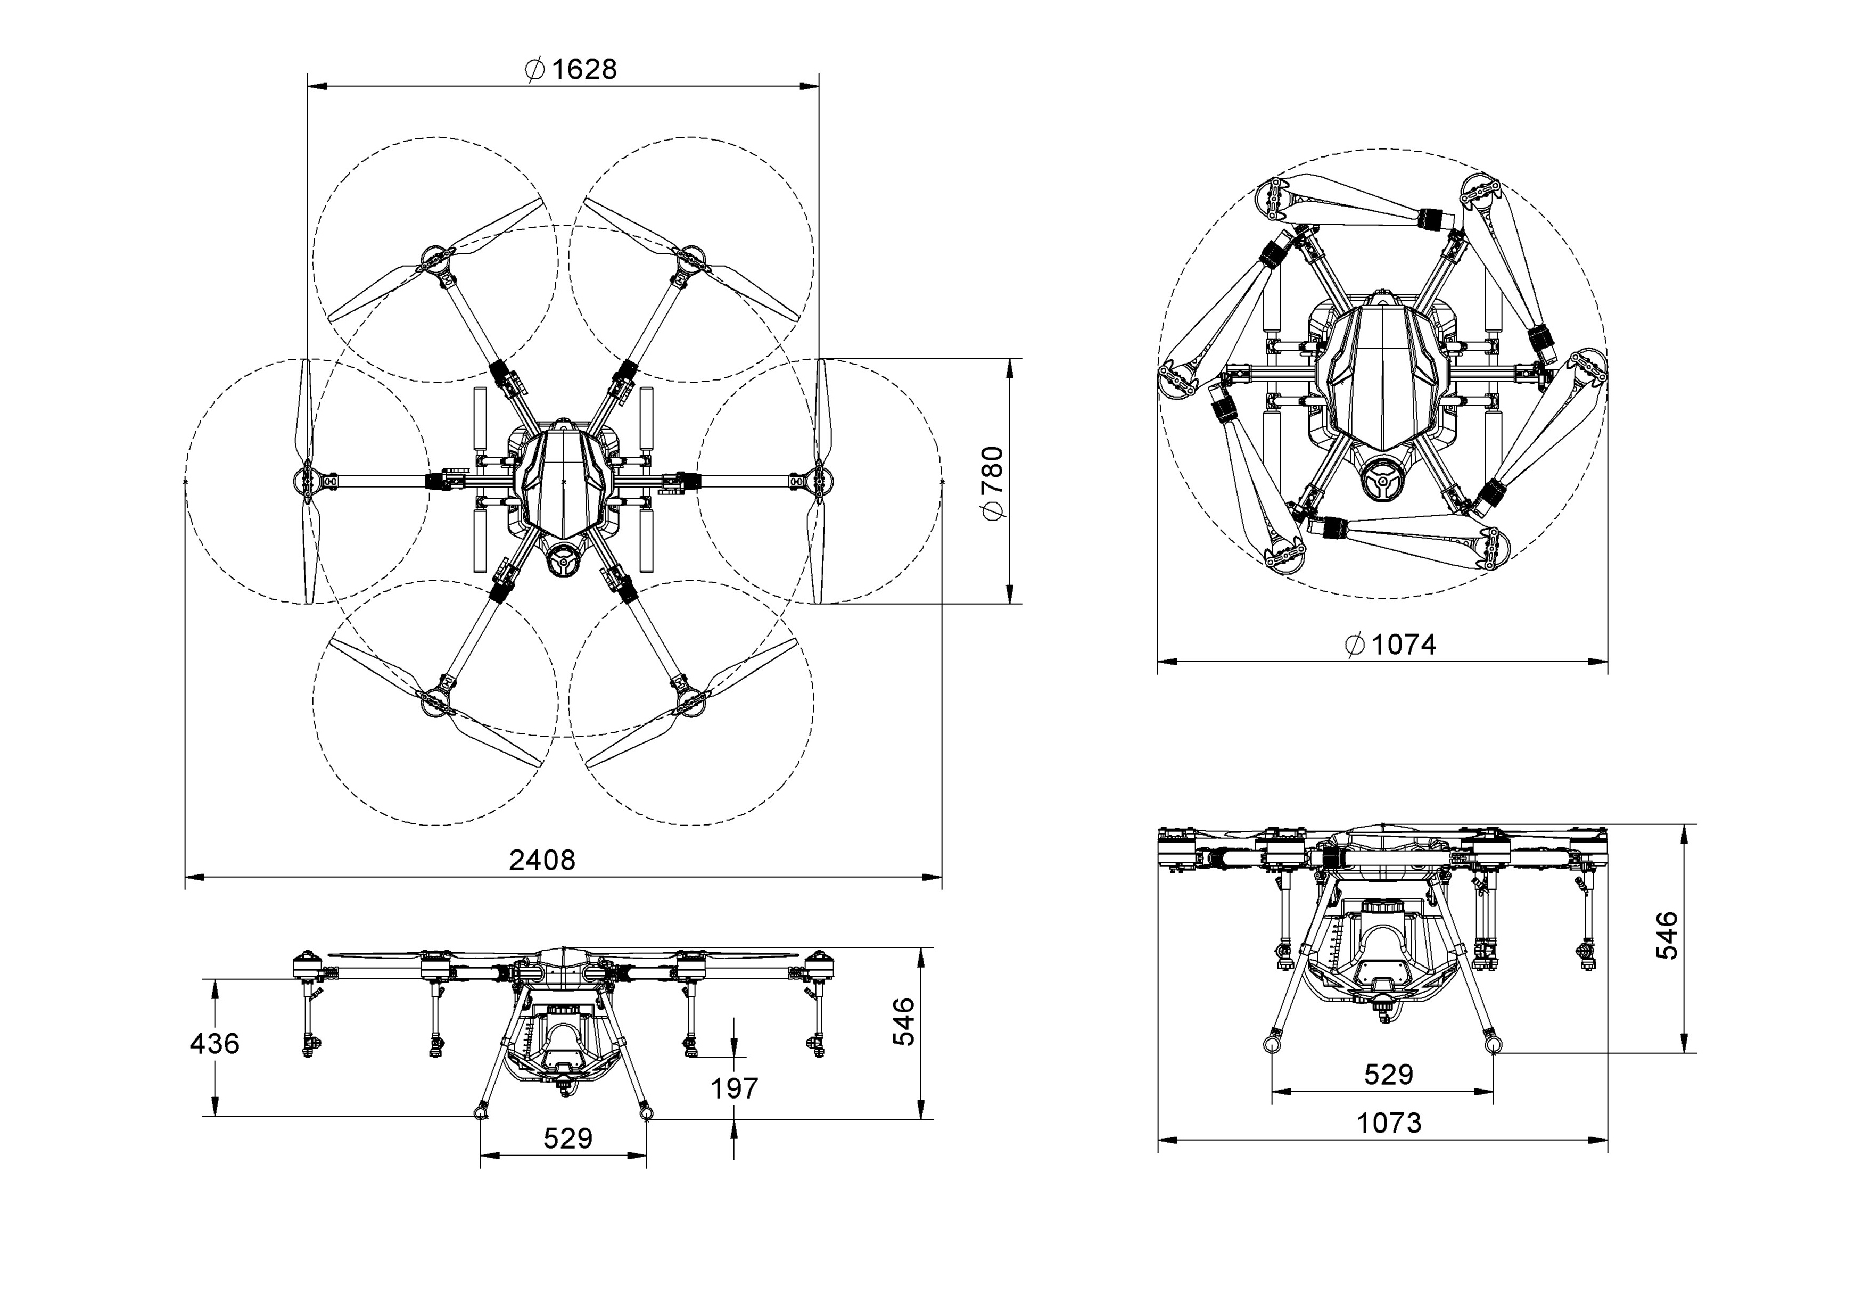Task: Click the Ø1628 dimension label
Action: pyautogui.click(x=571, y=70)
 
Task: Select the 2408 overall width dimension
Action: pyautogui.click(x=542, y=860)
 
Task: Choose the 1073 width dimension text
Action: pyautogui.click(x=1389, y=1123)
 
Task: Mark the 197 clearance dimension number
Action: pyautogui.click(x=735, y=1088)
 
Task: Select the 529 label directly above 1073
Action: pyautogui.click(x=1388, y=1075)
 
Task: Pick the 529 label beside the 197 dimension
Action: pyautogui.click(x=568, y=1138)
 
